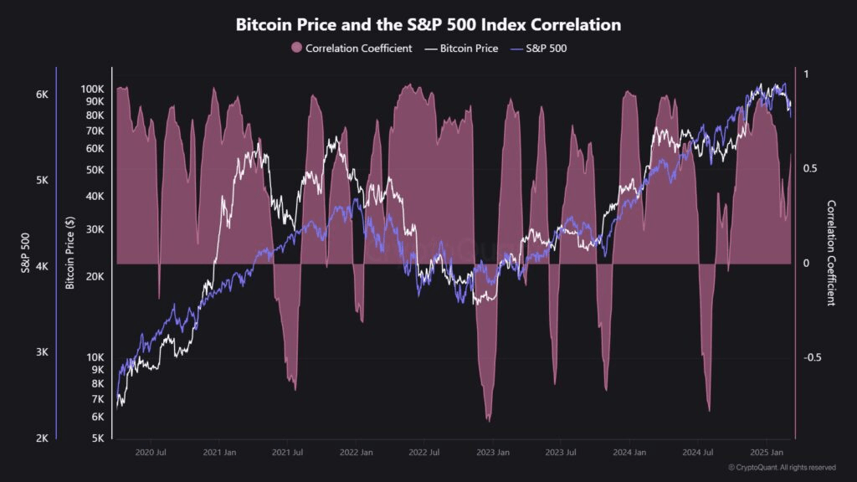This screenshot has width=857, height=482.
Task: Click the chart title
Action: coord(428,25)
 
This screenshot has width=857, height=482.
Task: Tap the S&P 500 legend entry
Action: coord(546,49)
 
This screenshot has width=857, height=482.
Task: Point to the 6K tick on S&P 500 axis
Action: coord(42,95)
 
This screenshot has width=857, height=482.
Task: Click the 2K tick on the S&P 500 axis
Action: coord(42,438)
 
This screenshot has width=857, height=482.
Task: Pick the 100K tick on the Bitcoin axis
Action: coord(91,89)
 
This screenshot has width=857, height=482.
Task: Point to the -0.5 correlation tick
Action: coord(812,357)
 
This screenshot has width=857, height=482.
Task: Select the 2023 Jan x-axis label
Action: coord(492,453)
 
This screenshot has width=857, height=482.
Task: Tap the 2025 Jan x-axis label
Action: coord(767,453)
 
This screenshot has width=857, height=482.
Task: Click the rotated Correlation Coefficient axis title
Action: coord(831,253)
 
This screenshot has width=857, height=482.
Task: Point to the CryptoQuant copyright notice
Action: coord(782,467)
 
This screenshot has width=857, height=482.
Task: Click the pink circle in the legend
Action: coord(296,49)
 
